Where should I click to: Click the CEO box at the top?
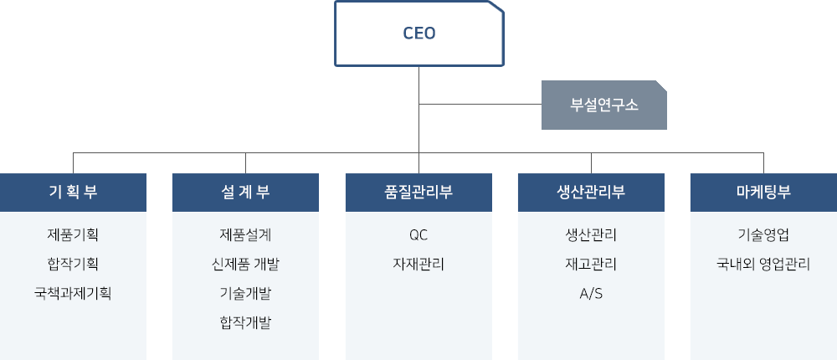(x=419, y=33)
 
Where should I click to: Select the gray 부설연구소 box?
(x=603, y=105)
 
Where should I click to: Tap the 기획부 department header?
(x=73, y=193)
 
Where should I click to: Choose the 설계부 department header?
(x=245, y=193)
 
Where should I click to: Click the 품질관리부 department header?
(x=418, y=193)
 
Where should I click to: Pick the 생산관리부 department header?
(x=591, y=193)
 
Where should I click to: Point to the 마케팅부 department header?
(x=763, y=193)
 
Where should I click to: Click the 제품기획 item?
(x=73, y=234)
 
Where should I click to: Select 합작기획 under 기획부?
(x=73, y=264)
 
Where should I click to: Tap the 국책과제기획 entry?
(x=73, y=293)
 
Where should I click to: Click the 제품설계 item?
(x=245, y=234)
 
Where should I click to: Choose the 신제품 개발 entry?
(x=245, y=264)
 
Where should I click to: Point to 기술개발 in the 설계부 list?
(x=245, y=293)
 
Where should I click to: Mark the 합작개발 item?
(x=245, y=322)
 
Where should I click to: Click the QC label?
(x=418, y=235)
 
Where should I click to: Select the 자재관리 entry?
(x=418, y=264)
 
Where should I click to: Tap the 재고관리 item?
(x=591, y=264)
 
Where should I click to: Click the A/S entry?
(x=591, y=293)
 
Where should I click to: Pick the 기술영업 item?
(x=763, y=234)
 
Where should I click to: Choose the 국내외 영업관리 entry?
(x=763, y=264)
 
